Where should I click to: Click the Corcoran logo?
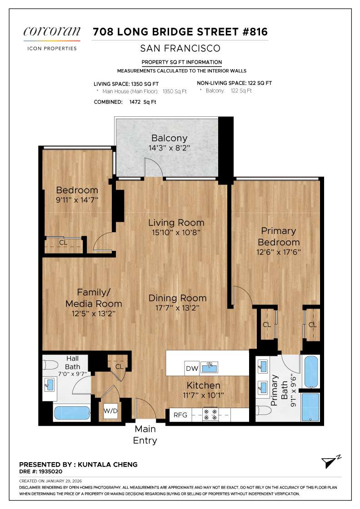[52, 32]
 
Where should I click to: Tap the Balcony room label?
[169, 138]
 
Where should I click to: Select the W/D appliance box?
[110, 412]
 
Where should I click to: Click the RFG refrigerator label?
[178, 414]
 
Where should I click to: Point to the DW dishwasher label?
[190, 368]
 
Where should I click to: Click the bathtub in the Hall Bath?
[72, 413]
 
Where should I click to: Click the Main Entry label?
[145, 434]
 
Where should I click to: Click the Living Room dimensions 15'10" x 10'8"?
[176, 232]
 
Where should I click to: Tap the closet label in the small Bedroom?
[63, 243]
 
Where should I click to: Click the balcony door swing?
[154, 167]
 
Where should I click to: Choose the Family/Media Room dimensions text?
[94, 313]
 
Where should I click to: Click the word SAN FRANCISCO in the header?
[180, 48]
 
